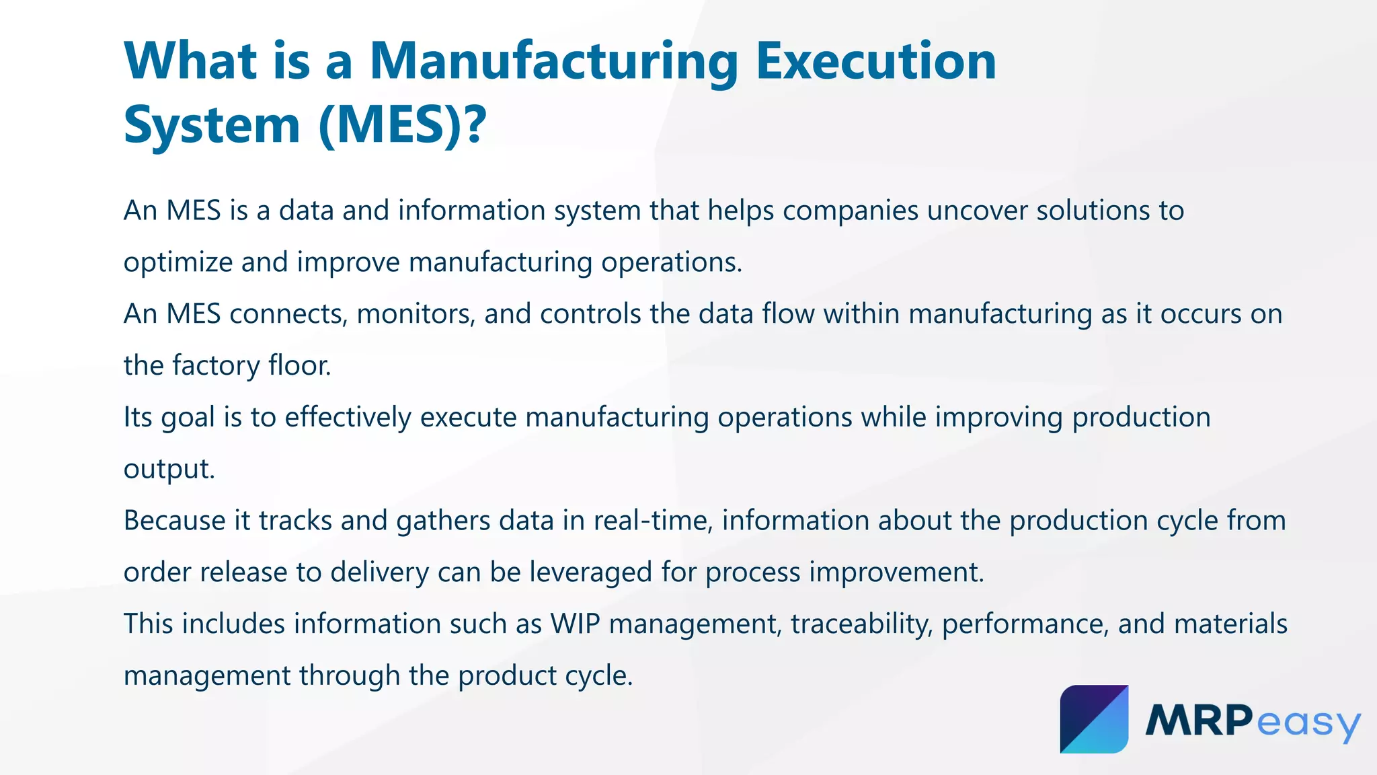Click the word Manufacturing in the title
pos(553,62)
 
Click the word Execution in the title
pos(875,62)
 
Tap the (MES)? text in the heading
pos(401,126)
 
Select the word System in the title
pos(212,126)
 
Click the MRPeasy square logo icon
pos(1094,719)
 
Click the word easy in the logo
pos(1308,723)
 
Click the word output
pos(169,470)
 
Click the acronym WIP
pos(575,624)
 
